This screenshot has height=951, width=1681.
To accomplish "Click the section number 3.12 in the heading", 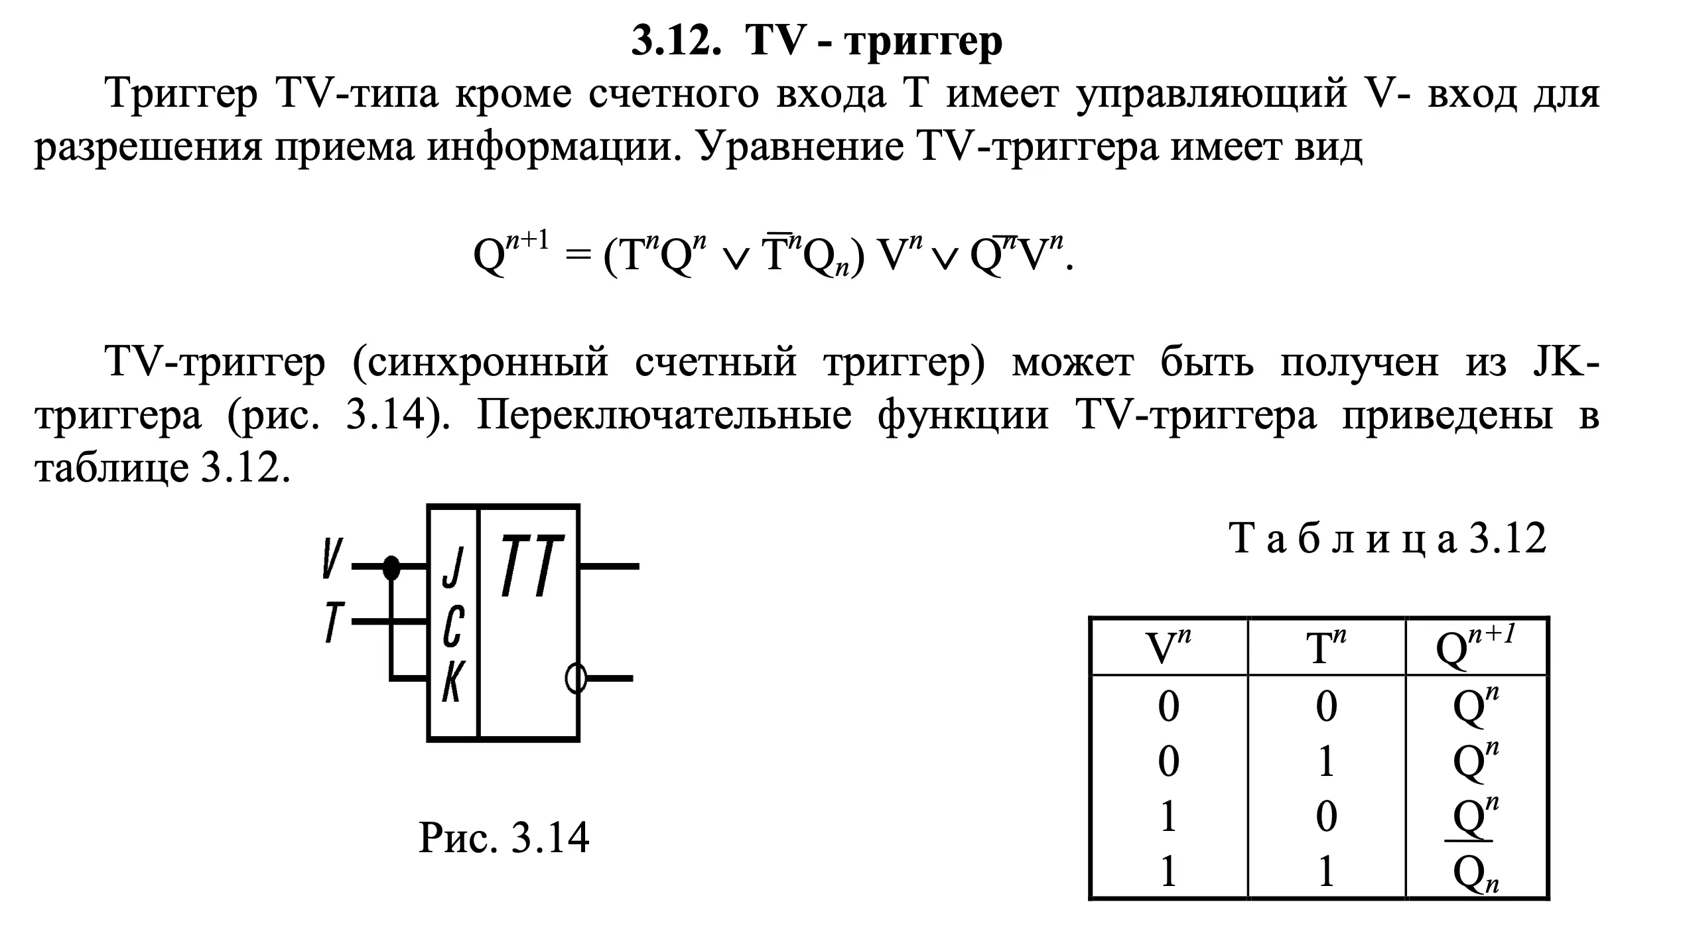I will tap(675, 41).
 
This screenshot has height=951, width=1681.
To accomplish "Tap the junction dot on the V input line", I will tap(391, 568).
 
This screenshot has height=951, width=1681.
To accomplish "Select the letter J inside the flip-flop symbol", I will tap(453, 568).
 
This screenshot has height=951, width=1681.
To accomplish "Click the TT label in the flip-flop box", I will tap(531, 566).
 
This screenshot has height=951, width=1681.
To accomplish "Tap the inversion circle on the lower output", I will tap(576, 678).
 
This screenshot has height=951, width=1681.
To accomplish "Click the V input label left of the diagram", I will tap(332, 558).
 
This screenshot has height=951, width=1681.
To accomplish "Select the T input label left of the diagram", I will tap(333, 621).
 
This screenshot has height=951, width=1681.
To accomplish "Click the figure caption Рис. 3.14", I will tap(504, 838).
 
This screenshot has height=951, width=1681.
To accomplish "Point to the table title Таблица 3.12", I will tap(1388, 539).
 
